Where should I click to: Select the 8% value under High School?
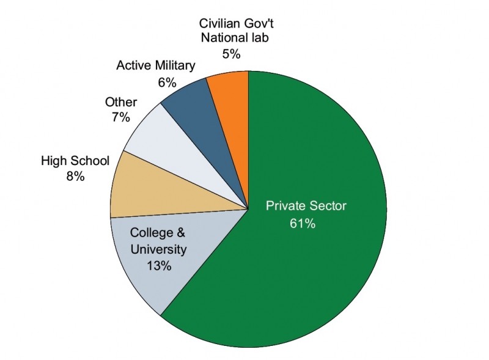pos(75,177)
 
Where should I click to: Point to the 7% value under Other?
pos(120,117)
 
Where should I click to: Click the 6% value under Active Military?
pos(167,82)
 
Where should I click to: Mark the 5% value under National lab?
pos(231,54)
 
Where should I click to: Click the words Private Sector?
pos(306,206)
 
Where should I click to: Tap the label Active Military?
pos(156,65)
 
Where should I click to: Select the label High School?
pos(75,161)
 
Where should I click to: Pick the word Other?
pos(121,102)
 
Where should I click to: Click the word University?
pos(159,249)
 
